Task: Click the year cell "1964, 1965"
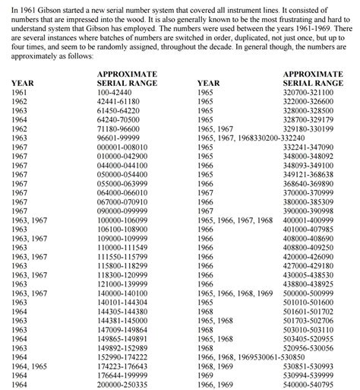pyautogui.click(x=29, y=366)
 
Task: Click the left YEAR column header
pyautogui.click(x=23, y=81)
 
